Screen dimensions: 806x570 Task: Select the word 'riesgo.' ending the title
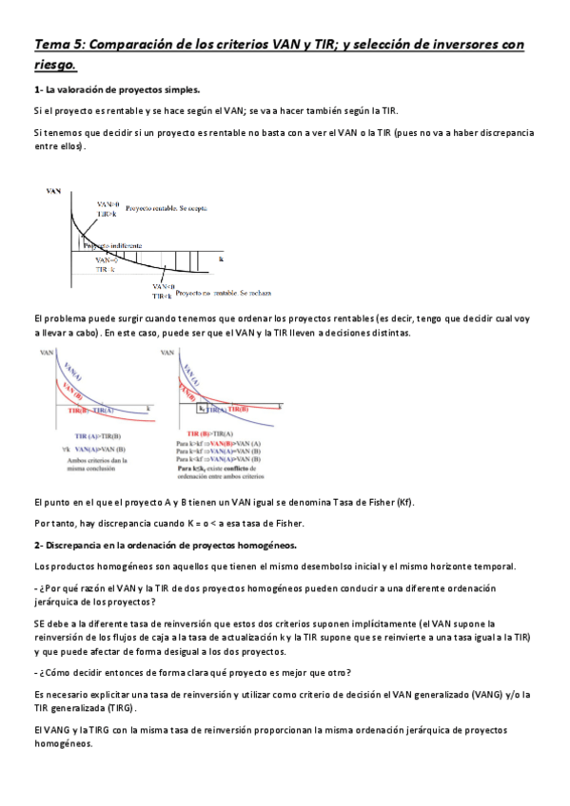tap(55, 66)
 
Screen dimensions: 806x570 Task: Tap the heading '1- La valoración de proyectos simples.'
tap(116, 90)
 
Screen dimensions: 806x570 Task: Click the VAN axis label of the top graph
tap(55, 191)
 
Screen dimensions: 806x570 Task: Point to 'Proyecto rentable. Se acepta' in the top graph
tap(167, 206)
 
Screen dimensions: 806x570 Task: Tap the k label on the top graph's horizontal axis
tap(221, 259)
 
